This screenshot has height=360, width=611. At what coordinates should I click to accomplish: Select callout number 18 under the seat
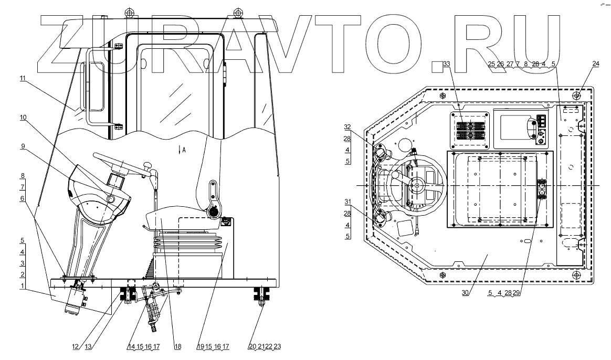click(x=177, y=347)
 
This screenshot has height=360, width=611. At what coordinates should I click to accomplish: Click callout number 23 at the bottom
click(x=278, y=347)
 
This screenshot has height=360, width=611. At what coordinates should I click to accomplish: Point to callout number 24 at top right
click(x=596, y=64)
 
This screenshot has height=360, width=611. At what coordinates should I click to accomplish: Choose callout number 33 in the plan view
click(x=447, y=64)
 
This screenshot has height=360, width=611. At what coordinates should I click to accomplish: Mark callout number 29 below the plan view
click(x=517, y=293)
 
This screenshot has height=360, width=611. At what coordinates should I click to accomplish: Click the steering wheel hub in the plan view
click(x=417, y=185)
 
